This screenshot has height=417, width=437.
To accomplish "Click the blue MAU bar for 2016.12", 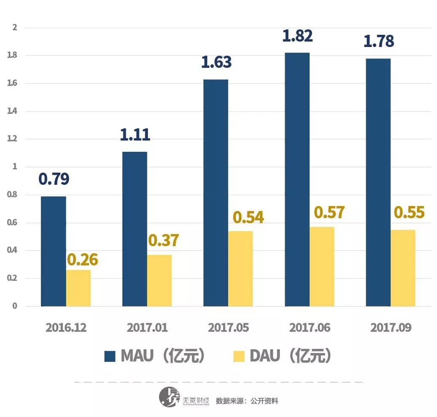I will [53, 251].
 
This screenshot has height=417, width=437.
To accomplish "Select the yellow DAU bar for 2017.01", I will [159, 280].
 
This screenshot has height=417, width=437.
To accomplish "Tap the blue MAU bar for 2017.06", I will [297, 180].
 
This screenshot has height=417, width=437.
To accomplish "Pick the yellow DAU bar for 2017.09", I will [403, 268].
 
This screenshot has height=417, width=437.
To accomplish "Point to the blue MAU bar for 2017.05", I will [216, 193].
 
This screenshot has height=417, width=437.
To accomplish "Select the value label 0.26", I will [82, 260].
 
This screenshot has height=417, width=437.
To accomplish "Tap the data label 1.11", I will [135, 135].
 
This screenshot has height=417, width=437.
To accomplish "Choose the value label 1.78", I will [378, 41].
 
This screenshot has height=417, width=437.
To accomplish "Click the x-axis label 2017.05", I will [228, 328].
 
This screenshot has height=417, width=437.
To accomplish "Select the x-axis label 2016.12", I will [66, 328].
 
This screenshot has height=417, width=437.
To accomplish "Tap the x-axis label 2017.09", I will [391, 328].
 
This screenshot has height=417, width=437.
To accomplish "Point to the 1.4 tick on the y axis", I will [14, 111].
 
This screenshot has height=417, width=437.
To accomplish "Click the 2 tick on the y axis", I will [15, 27].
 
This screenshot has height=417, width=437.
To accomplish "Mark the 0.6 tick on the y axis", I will [14, 222].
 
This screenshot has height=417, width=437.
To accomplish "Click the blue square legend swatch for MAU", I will [110, 356].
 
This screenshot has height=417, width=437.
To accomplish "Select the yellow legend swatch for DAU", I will [239, 356].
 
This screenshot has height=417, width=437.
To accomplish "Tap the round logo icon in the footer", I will [169, 397].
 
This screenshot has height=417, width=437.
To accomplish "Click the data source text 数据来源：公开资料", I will [247, 401].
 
